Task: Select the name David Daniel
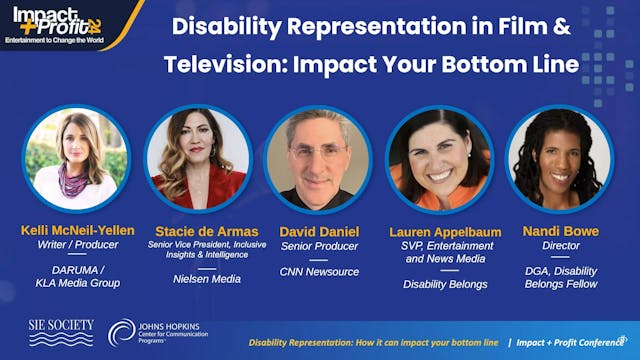318,230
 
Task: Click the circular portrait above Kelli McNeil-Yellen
75,158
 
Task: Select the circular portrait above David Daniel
318,158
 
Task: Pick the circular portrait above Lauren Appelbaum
439,158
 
